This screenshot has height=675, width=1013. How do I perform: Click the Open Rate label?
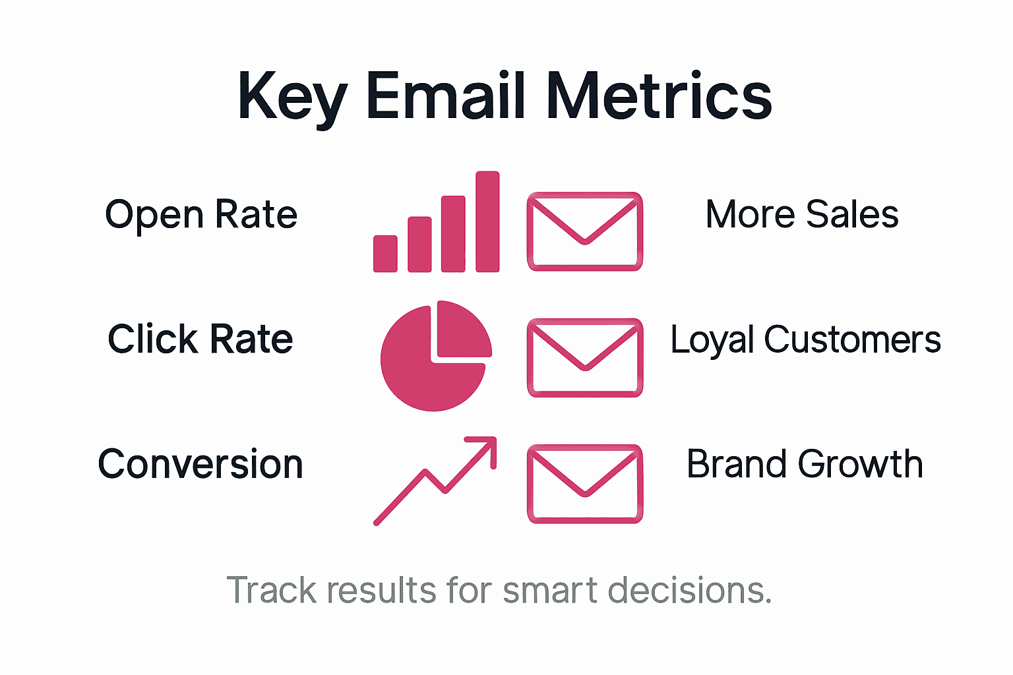point(201,215)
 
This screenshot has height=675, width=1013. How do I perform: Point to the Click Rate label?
point(200,339)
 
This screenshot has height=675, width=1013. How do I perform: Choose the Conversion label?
point(200,464)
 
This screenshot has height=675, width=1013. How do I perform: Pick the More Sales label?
point(802,214)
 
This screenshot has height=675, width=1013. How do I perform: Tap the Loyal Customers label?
point(805,339)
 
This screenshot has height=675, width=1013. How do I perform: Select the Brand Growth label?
point(805,464)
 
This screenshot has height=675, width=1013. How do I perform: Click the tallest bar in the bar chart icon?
point(487,221)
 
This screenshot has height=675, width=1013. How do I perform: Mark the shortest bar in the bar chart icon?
point(385,254)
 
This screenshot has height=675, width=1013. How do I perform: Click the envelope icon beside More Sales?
point(585,231)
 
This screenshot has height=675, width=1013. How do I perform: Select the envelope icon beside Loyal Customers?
point(585,357)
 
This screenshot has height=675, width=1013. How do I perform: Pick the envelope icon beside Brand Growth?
point(585,483)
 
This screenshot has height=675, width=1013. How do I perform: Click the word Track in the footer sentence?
point(271,590)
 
